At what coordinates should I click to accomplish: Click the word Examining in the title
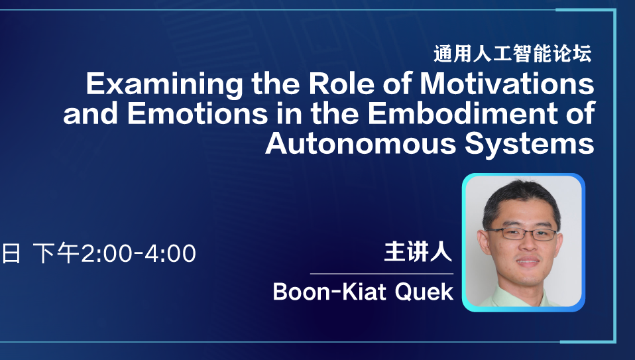(164, 84)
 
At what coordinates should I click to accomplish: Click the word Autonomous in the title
(361, 143)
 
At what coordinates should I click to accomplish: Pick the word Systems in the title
(530, 144)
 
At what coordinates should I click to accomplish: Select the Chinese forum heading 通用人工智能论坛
(512, 54)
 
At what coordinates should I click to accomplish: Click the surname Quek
(424, 292)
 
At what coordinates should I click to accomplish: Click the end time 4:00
(170, 254)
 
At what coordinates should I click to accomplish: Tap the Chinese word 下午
(56, 253)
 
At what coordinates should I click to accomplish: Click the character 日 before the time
(11, 253)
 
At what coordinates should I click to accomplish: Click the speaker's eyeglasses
(522, 233)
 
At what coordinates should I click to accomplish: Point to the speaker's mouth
(528, 261)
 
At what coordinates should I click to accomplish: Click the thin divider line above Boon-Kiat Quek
(382, 274)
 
